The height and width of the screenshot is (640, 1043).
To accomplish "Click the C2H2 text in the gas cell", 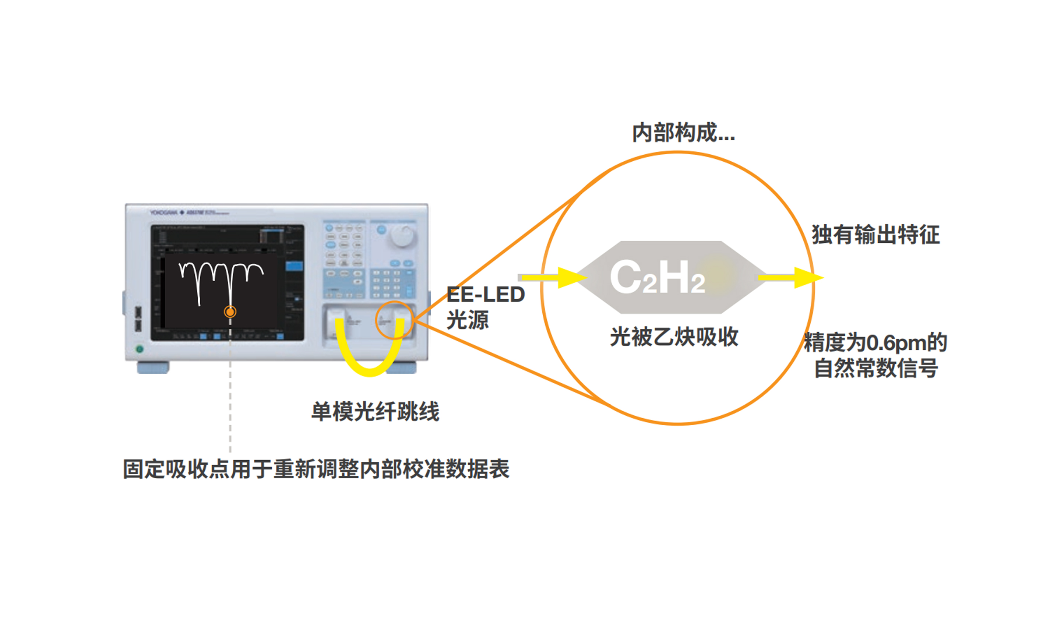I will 657,277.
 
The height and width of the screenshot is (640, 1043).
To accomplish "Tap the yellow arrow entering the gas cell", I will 554,278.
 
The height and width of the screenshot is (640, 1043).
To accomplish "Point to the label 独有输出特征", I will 875,235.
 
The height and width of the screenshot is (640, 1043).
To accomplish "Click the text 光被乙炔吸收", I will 674,337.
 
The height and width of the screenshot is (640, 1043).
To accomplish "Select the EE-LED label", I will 486,295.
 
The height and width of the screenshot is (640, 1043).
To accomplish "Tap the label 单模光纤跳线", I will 375,411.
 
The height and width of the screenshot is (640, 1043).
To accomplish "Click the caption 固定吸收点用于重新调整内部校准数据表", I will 316,469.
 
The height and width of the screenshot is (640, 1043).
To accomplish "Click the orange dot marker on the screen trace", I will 230,312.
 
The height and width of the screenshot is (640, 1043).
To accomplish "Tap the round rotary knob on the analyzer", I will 402,235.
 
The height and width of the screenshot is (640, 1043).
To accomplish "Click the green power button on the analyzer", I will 139,349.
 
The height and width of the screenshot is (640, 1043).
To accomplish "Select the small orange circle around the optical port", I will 394,320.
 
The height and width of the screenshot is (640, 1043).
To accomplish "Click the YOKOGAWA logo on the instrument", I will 163,212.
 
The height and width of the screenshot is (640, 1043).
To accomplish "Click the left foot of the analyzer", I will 153,368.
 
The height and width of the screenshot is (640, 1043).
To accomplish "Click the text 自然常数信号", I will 876,368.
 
